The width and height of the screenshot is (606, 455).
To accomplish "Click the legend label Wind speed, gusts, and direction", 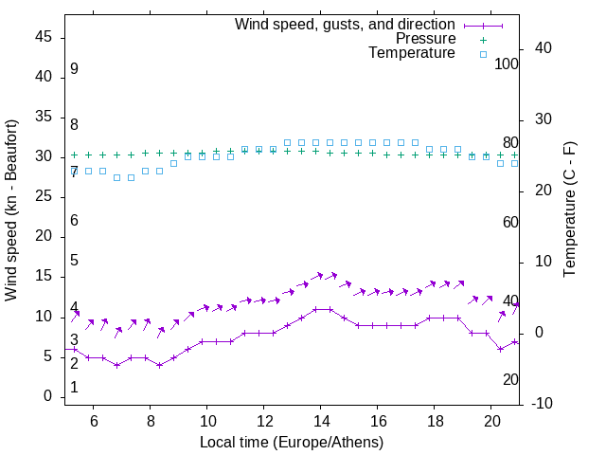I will pos(345,24).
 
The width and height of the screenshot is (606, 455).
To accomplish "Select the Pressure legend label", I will pos(425,39).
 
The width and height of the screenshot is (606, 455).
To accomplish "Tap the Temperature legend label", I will pos(412,54).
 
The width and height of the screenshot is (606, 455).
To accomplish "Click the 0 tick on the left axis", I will pos(50,396).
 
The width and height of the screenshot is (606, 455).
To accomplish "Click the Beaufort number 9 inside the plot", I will pos(74,69).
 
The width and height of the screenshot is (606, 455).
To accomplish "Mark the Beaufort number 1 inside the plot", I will pos(74,388).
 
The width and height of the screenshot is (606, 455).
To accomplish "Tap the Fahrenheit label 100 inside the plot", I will pos(507,64).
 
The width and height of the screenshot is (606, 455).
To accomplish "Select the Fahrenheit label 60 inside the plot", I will pos(510,222).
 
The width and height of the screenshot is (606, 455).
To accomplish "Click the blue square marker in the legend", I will pos(482,55).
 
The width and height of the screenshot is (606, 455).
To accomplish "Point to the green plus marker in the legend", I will pos(482,40).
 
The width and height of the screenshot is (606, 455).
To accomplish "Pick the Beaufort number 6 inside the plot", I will pos(74,221).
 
